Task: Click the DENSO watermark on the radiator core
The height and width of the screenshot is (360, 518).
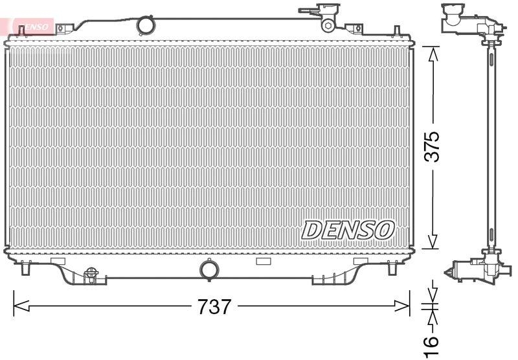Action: tap(348, 229)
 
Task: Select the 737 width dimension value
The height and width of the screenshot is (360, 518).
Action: tap(214, 306)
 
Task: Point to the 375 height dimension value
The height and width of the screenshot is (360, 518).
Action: tap(433, 147)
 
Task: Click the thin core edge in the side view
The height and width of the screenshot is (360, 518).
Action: tap(490, 142)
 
